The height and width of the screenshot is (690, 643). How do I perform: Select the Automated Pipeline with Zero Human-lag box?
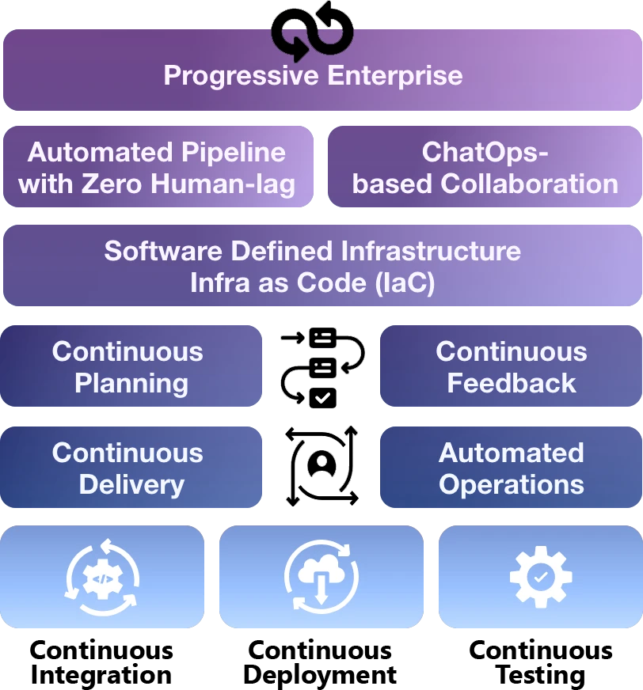[x=157, y=168]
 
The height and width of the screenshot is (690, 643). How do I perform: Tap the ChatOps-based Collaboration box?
[x=485, y=168]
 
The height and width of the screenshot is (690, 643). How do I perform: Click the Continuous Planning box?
[x=128, y=367]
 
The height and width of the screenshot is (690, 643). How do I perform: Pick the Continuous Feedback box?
[x=512, y=367]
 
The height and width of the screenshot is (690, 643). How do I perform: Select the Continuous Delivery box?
[x=128, y=468]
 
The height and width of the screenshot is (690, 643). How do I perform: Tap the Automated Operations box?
[x=512, y=468]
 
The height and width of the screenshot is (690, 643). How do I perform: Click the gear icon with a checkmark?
[x=540, y=576]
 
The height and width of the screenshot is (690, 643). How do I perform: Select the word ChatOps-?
[x=485, y=152]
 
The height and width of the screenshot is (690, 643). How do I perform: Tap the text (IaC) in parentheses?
[x=405, y=283]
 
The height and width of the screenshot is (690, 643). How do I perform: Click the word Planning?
[x=131, y=384]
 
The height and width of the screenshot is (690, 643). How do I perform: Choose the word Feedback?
[x=512, y=384]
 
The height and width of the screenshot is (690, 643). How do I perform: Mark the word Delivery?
[x=131, y=484]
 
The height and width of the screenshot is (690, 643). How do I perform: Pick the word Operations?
[x=512, y=484]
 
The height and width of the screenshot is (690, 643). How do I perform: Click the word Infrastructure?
[x=431, y=251]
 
